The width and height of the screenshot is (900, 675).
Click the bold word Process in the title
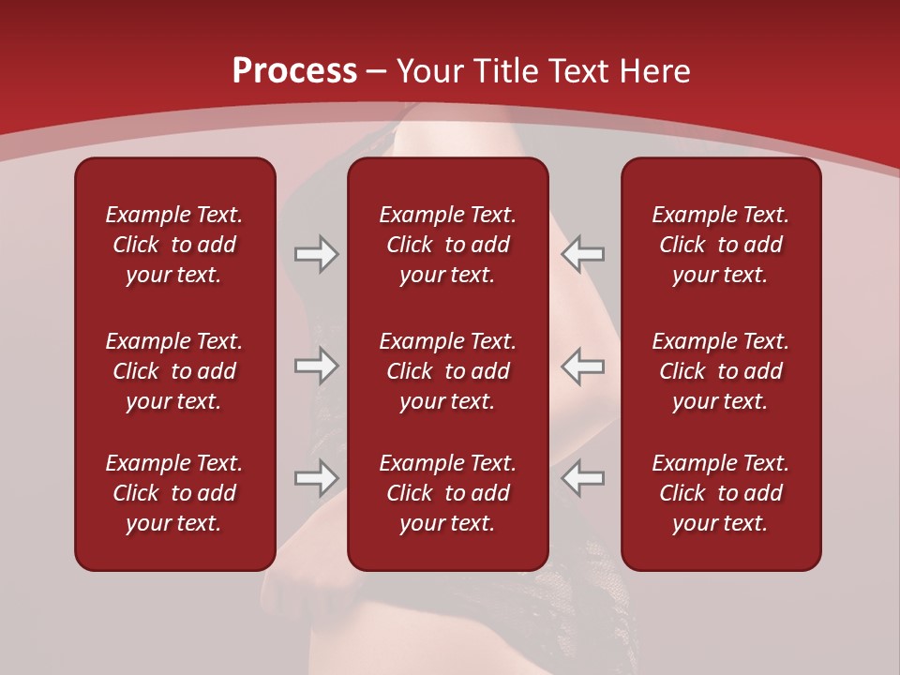coord(294,71)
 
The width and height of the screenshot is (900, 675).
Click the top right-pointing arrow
coord(316,254)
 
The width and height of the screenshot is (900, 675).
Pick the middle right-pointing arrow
coord(316,367)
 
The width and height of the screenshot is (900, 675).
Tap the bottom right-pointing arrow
coord(316,478)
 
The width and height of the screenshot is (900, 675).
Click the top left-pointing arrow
coord(582,254)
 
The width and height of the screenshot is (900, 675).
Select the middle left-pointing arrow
coord(582,367)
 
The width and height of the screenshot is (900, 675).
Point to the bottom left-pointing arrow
coord(582,478)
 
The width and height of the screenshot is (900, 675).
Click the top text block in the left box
coord(174,245)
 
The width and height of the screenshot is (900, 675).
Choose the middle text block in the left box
coord(174,371)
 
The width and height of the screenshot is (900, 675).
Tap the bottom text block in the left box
coord(174,493)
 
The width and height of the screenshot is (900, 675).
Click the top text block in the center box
coord(448,245)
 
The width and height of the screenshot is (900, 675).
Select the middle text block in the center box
coord(448,371)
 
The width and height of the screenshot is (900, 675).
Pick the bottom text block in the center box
coord(448,493)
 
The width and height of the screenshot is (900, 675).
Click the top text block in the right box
coord(721,245)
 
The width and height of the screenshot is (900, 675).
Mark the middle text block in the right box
coord(721,371)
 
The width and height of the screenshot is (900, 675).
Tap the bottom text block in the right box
coord(721,493)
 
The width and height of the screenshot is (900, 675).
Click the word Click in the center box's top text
coord(410,246)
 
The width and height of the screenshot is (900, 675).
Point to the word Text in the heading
coord(577,71)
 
